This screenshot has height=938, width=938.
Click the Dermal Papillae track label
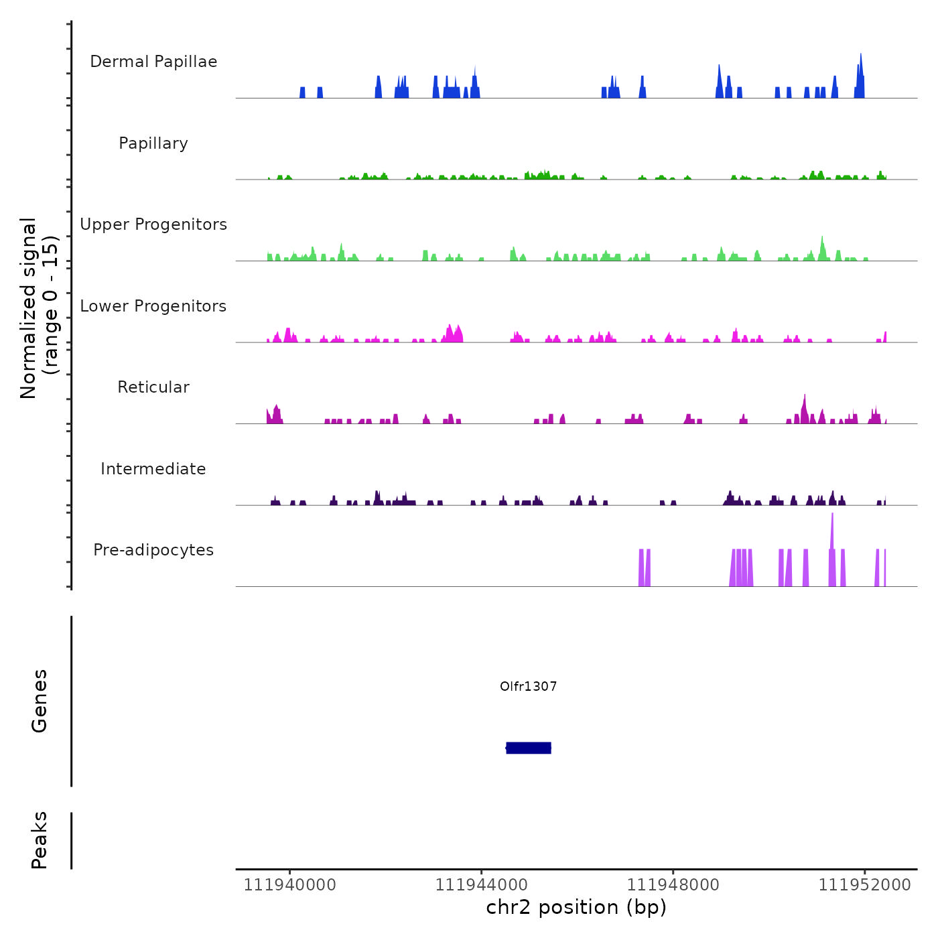(x=153, y=62)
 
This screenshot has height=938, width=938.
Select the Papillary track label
(x=153, y=143)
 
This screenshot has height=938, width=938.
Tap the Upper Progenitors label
(x=153, y=224)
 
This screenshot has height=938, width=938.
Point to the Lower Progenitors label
(x=153, y=306)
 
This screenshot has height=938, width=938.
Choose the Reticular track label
(x=153, y=387)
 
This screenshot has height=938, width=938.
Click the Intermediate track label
(x=153, y=469)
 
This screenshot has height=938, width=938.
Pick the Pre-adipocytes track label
(x=153, y=550)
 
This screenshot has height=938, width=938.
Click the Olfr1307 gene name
(x=529, y=686)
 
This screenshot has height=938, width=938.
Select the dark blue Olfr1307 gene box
(x=529, y=748)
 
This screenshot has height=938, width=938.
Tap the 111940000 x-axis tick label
(x=289, y=884)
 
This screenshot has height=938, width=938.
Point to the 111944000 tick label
(x=481, y=884)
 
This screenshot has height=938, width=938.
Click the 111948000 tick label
(x=673, y=884)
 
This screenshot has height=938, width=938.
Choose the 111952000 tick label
(x=864, y=884)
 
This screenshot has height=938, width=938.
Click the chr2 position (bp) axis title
(x=576, y=907)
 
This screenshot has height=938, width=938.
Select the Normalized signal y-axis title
(x=39, y=308)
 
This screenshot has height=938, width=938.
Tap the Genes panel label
(x=40, y=701)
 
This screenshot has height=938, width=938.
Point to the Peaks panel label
(x=40, y=840)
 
